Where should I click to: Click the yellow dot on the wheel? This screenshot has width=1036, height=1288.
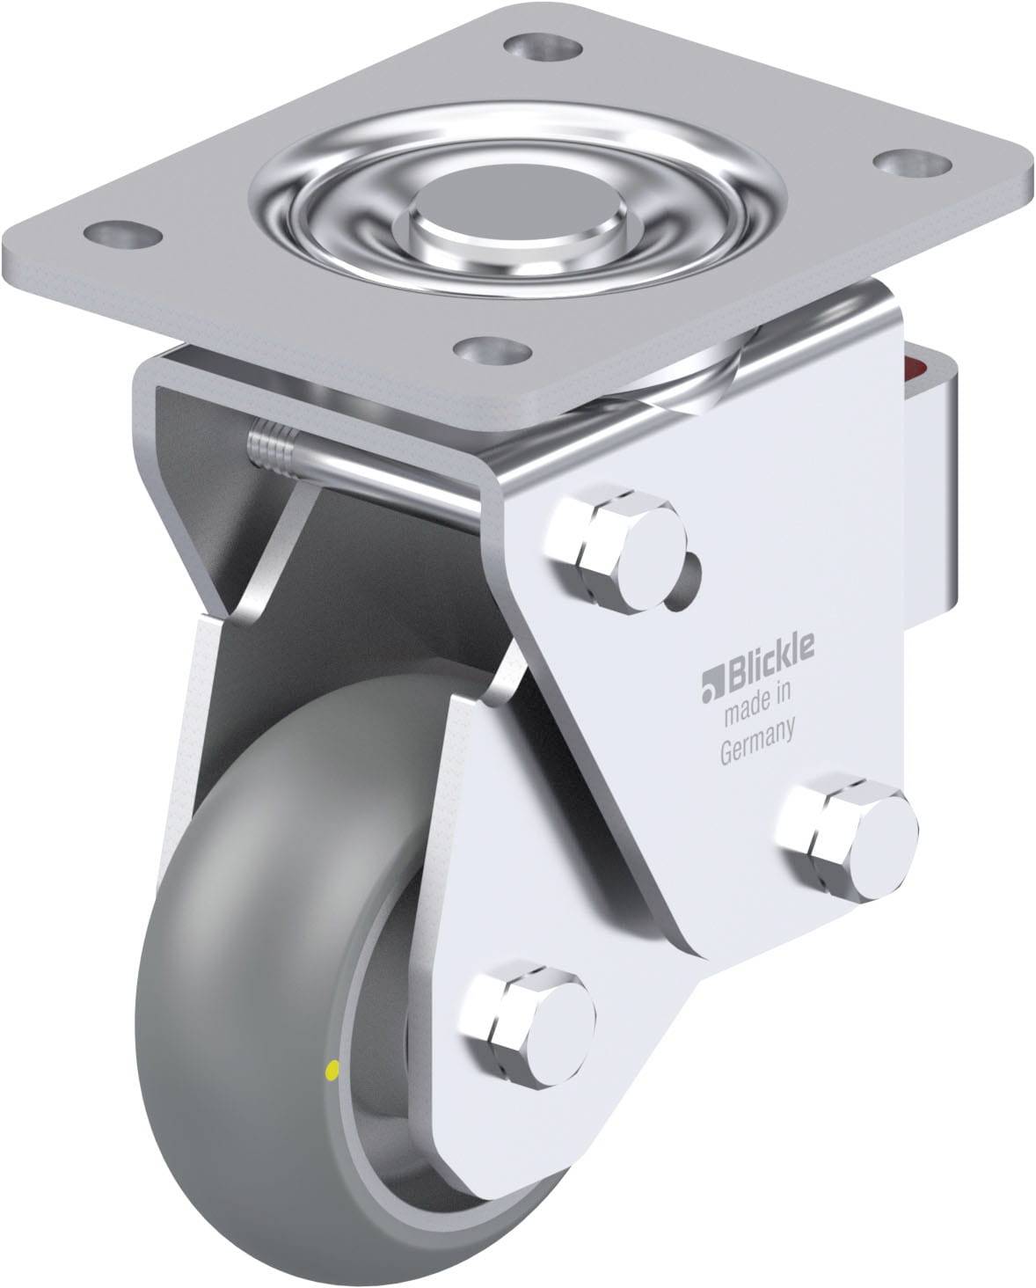tap(332, 1071)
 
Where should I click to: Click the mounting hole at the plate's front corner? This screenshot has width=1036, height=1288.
tap(496, 351)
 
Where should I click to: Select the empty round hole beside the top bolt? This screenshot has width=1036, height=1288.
tap(689, 579)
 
